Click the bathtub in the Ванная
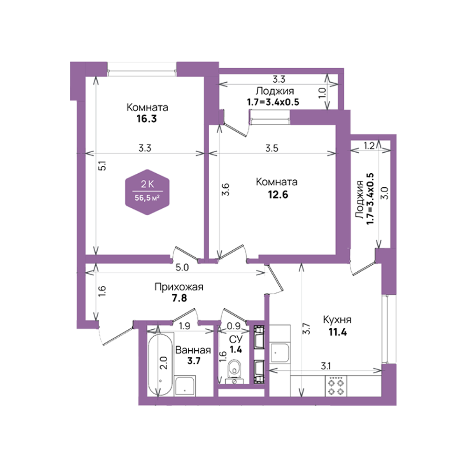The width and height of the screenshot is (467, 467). pyautogui.click(x=160, y=364)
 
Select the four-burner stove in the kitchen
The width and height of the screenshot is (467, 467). pyautogui.click(x=336, y=386)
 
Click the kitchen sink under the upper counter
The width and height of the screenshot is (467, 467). pyautogui.click(x=279, y=353)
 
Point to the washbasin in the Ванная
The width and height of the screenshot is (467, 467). pyautogui.click(x=185, y=386)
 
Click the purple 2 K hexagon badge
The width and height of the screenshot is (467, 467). pyautogui.click(x=147, y=192)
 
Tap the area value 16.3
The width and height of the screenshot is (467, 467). pyautogui.click(x=147, y=119)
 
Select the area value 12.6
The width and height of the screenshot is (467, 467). pyautogui.click(x=278, y=194)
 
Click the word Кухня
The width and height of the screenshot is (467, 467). pyautogui.click(x=337, y=320)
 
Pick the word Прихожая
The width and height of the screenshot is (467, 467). pyautogui.click(x=179, y=287)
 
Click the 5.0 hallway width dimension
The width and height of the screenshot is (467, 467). pyautogui.click(x=182, y=268)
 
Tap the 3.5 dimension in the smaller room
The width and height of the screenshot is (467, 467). pyautogui.click(x=272, y=148)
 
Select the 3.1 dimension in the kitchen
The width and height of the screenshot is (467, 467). pyautogui.click(x=326, y=366)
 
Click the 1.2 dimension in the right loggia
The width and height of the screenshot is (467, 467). pyautogui.click(x=369, y=146)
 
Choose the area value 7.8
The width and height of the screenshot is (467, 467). pyautogui.click(x=179, y=298)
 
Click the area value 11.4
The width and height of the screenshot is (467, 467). pyautogui.click(x=338, y=332)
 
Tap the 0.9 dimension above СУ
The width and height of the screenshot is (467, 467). pyautogui.click(x=234, y=326)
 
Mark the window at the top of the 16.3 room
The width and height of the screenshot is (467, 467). pyautogui.click(x=142, y=71)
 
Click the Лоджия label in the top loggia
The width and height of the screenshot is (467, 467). pyautogui.click(x=275, y=91)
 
